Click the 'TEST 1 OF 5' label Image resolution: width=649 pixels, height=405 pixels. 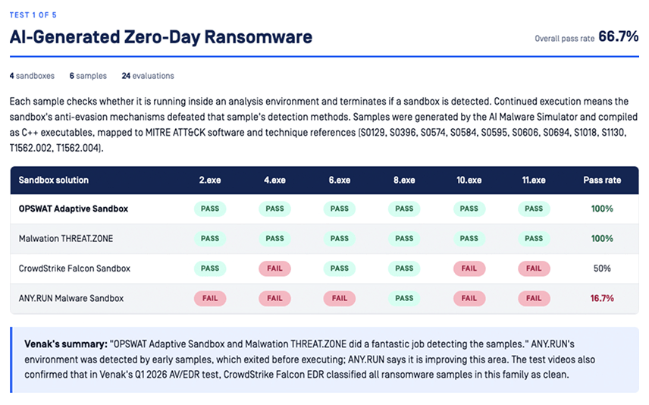pos(33,15)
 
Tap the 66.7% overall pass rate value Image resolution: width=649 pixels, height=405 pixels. pos(619,36)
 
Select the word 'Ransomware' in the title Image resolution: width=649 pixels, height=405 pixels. pos(259,37)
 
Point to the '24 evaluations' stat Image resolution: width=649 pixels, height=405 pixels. pos(148,76)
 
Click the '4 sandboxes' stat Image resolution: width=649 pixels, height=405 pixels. pos(32,76)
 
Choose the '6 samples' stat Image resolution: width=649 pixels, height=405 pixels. pos(88,76)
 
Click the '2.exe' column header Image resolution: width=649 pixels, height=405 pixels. pos(210,181)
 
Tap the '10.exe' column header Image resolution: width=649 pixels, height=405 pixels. pos(469,181)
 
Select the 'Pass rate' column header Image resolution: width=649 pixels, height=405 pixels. pos(602,181)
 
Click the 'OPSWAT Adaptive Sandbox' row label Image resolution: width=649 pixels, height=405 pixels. pos(74,209)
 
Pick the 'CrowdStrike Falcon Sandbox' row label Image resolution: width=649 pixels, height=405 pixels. pos(74,268)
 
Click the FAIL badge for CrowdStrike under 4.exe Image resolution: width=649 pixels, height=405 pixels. pos(274,268)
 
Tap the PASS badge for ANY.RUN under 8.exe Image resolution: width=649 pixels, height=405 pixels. pos(404,298)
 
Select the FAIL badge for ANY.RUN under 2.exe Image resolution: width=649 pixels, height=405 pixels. pos(210,298)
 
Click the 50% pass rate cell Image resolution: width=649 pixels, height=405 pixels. pos(602,268)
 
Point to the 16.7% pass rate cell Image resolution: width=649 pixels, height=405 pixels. pos(602,298)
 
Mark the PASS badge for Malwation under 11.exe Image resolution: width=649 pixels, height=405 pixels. pos(534,239)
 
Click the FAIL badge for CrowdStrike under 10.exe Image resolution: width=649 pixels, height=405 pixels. pos(469,268)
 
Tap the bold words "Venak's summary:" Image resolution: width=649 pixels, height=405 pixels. pos(66,344)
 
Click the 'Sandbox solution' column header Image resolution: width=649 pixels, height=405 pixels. pos(53,181)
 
